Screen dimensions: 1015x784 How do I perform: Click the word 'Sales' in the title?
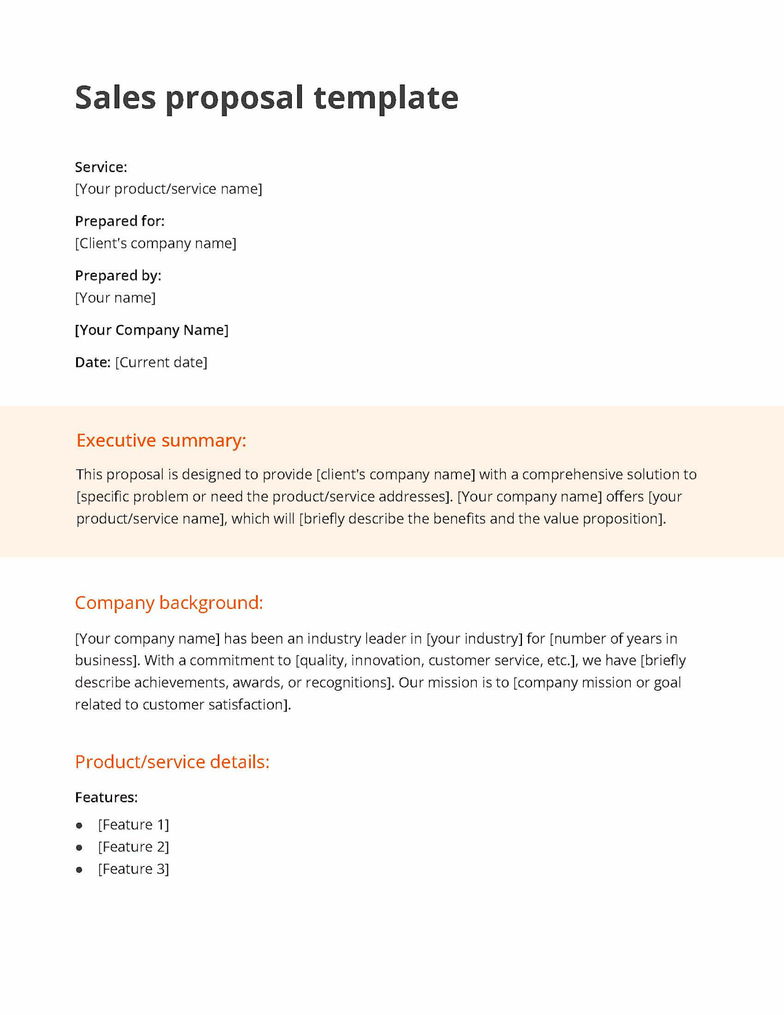click(115, 97)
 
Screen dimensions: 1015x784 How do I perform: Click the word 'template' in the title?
click(386, 99)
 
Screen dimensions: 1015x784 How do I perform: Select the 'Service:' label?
click(101, 167)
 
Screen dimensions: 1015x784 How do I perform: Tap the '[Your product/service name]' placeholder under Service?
click(169, 189)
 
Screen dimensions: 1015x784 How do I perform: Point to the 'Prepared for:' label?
click(120, 221)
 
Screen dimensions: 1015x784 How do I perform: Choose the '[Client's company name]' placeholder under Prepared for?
click(156, 243)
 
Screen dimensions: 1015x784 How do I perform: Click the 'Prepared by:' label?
click(118, 276)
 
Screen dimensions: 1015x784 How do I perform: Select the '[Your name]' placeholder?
click(115, 297)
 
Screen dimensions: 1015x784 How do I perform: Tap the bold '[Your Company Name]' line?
click(152, 330)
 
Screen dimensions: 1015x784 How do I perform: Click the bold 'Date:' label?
click(92, 362)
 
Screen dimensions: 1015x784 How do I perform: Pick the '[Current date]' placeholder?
click(161, 362)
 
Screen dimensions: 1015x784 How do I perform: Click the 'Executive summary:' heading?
click(161, 440)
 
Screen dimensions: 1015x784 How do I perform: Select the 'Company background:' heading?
click(169, 603)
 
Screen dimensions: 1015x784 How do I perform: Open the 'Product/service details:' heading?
click(172, 762)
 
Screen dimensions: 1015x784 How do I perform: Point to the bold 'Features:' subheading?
click(106, 797)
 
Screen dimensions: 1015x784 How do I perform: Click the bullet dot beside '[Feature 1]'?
click(80, 826)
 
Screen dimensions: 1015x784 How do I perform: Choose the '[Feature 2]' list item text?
click(133, 847)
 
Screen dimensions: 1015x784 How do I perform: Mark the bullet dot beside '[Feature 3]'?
click(80, 870)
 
